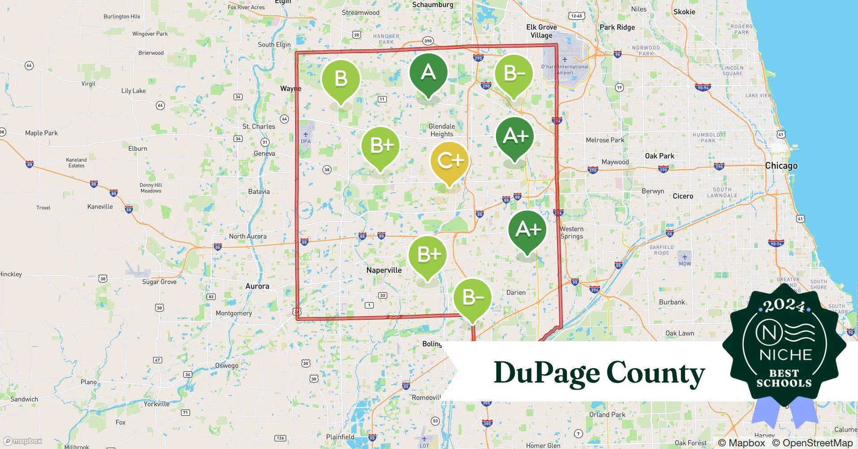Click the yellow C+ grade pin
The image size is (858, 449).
pyautogui.click(x=450, y=161)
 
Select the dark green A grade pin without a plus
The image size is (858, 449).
pyautogui.click(x=428, y=73)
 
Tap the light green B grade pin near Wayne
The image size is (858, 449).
pyautogui.click(x=341, y=79)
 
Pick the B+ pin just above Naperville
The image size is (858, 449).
pyautogui.click(x=428, y=255)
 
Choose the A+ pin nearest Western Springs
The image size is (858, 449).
pyautogui.click(x=527, y=229)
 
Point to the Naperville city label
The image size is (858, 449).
pyautogui.click(x=384, y=270)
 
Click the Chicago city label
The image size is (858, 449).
pyautogui.click(x=781, y=166)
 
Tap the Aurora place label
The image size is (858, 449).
pyautogui.click(x=257, y=286)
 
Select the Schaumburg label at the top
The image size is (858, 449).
pyautogui.click(x=433, y=4)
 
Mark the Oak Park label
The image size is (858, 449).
pyautogui.click(x=659, y=156)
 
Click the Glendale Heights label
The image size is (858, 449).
pyautogui.click(x=442, y=130)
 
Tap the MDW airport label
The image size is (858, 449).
pyautogui.click(x=685, y=264)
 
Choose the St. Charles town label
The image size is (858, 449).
pyautogui.click(x=259, y=127)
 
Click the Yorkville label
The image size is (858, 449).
pyautogui.click(x=157, y=404)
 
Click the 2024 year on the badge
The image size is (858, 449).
pyautogui.click(x=784, y=306)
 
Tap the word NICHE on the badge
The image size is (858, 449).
pyautogui.click(x=785, y=355)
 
